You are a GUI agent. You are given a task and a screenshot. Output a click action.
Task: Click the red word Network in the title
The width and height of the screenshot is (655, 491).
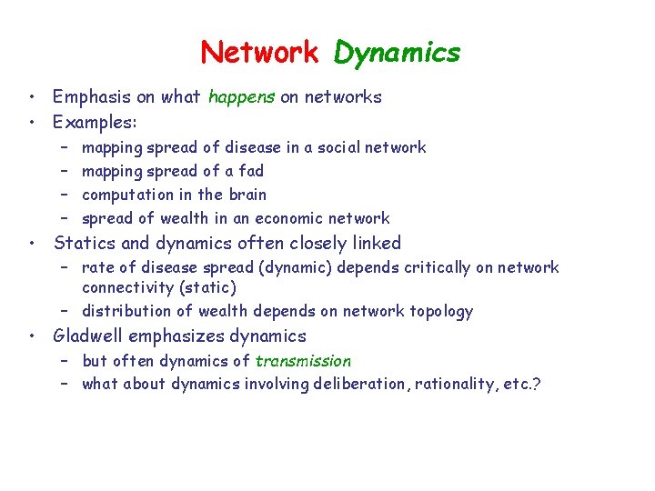pyautogui.click(x=259, y=52)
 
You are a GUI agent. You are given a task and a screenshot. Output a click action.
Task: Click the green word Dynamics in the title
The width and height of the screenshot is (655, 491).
pyautogui.click(x=397, y=53)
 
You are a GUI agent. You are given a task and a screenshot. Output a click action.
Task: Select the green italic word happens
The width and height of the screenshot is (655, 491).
pyautogui.click(x=241, y=97)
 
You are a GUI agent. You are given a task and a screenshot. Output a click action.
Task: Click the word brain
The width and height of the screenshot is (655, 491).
pyautogui.click(x=247, y=195)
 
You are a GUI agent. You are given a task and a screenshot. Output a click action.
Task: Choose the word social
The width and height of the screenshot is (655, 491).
pyautogui.click(x=338, y=147)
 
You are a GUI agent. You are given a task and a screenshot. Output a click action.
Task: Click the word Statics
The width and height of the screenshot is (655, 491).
pyautogui.click(x=85, y=243)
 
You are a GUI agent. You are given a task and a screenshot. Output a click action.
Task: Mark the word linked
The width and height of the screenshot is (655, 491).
pyautogui.click(x=373, y=243)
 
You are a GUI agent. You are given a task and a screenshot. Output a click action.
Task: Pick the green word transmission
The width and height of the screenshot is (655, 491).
pyautogui.click(x=303, y=361)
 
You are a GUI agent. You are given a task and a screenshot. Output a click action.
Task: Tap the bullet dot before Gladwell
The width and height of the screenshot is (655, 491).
pyautogui.click(x=32, y=336)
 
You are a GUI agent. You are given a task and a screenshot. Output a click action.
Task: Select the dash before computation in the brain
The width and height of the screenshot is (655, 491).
pyautogui.click(x=65, y=195)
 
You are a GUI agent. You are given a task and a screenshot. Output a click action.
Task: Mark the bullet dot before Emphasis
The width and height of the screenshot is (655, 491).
pyautogui.click(x=32, y=97)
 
